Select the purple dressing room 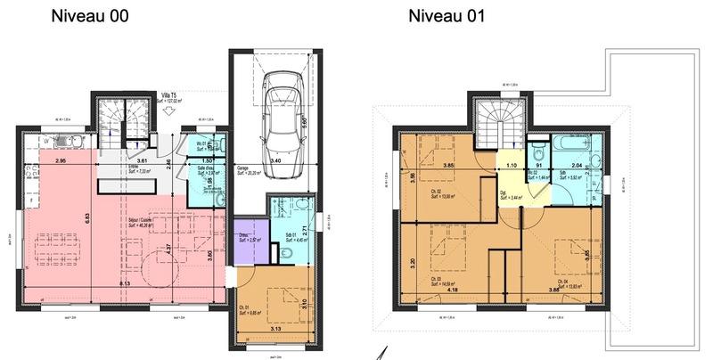click(249, 239)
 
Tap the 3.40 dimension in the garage click(275, 161)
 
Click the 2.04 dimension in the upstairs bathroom click(576, 166)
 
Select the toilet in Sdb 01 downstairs click(283, 256)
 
